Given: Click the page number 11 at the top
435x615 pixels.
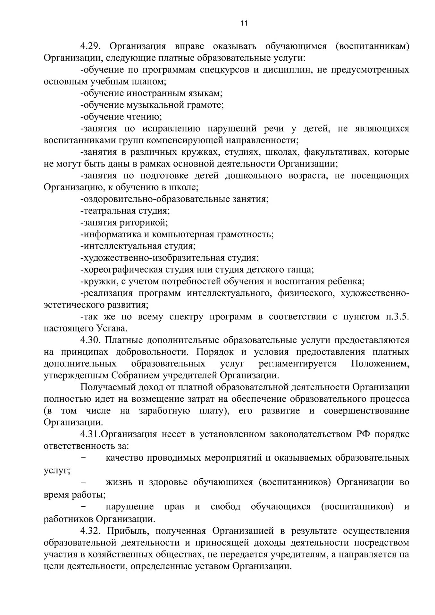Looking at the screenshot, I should coord(244,23).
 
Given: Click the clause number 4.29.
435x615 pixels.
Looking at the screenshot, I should coord(90,46).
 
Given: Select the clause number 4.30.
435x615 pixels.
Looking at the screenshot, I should coord(90,340).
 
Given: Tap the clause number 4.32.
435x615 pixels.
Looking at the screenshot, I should coord(90,531).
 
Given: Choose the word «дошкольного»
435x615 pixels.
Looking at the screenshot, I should coord(253,176).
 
